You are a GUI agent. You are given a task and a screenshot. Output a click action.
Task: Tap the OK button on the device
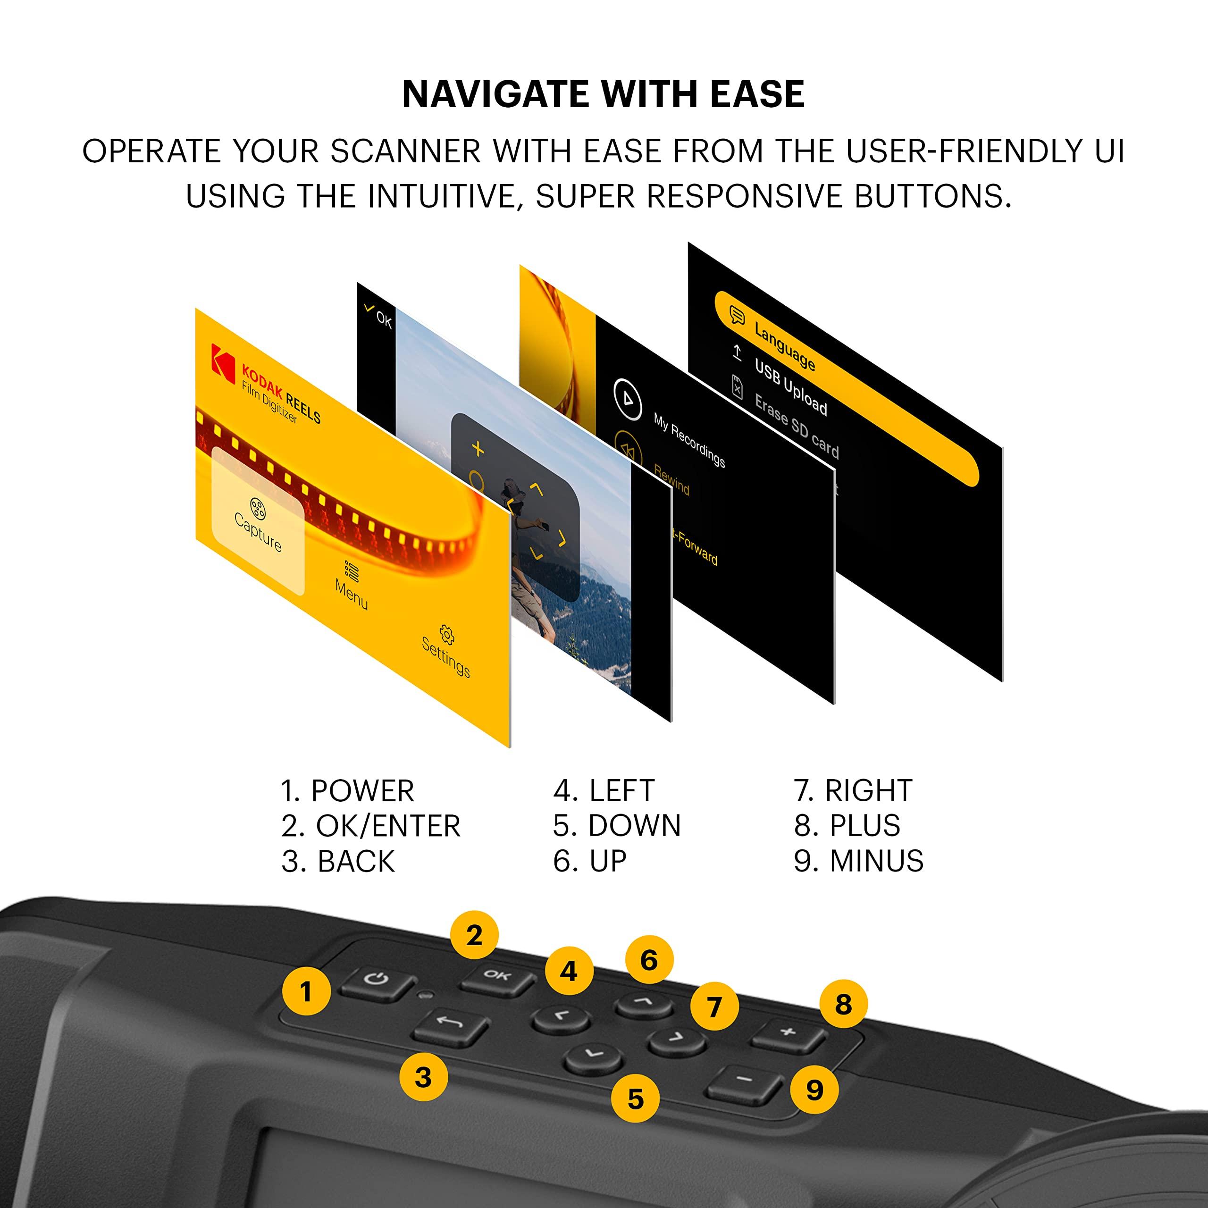tap(497, 977)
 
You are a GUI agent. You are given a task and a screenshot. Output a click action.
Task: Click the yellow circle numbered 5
tap(635, 1099)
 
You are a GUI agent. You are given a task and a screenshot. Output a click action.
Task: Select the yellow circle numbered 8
tap(843, 1005)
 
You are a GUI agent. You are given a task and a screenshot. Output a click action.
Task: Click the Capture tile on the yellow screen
tap(258, 522)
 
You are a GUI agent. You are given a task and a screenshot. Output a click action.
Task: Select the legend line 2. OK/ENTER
tap(370, 826)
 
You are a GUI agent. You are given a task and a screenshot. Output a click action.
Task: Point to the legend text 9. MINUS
tap(858, 861)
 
